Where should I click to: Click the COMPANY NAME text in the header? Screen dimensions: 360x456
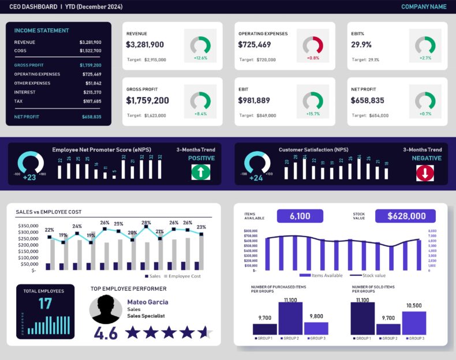[x=424, y=7]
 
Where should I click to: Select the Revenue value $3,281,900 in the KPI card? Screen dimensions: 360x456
[x=145, y=45]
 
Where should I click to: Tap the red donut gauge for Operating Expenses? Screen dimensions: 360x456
[x=313, y=44]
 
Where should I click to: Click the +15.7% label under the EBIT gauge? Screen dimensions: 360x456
[x=313, y=114]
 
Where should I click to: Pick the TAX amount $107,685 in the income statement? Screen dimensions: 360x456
[x=92, y=102]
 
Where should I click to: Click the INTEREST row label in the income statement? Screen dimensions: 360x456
[x=25, y=92]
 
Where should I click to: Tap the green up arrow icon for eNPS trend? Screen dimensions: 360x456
[x=201, y=172]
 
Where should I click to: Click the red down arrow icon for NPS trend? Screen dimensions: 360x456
[x=425, y=172]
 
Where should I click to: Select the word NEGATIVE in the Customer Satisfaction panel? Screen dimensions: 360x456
[x=427, y=158]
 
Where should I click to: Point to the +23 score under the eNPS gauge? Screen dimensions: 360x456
[x=29, y=178]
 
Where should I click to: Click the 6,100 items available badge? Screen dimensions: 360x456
[x=300, y=216]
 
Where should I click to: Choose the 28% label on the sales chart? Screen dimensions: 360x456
[x=146, y=223]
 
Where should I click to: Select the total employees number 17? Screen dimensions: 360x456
[x=45, y=303]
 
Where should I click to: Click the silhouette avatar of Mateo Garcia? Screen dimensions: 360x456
[x=106, y=310]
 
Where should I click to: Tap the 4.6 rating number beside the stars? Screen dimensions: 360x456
[x=106, y=333]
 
